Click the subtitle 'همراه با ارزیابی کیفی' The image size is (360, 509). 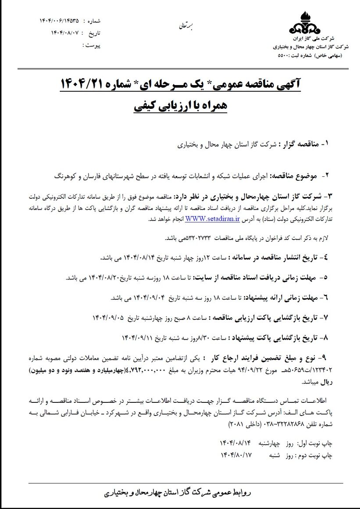click(179, 107)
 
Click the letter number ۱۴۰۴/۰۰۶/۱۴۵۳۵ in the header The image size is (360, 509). click(60, 21)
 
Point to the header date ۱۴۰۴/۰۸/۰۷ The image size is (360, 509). click(65, 32)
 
